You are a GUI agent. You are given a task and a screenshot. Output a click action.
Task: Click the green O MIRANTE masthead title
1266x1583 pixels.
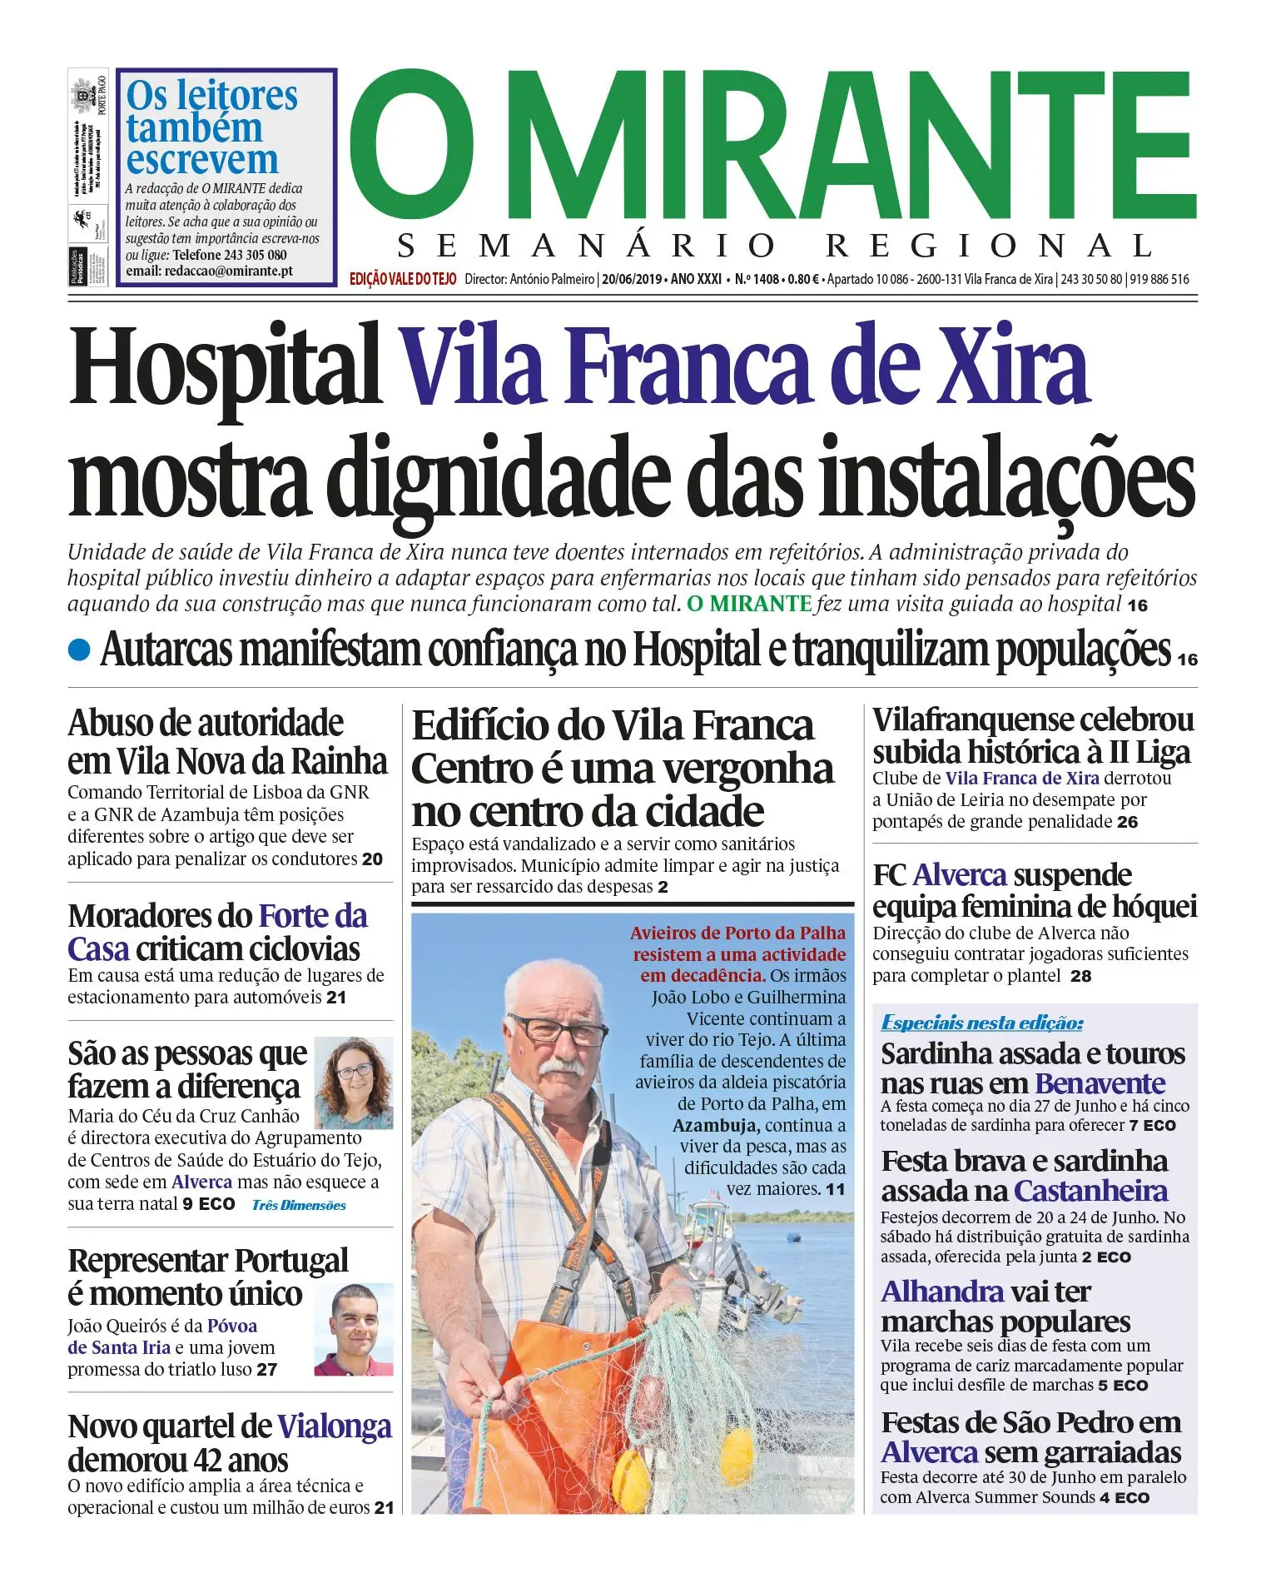(772, 146)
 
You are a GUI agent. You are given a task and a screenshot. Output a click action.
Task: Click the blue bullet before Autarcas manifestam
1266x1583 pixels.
(79, 650)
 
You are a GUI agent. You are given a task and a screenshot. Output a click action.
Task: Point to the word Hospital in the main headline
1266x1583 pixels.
(225, 366)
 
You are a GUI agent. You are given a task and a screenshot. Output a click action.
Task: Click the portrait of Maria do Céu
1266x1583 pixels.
(354, 1083)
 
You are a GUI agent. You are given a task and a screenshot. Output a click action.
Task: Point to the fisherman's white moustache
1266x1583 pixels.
(560, 1065)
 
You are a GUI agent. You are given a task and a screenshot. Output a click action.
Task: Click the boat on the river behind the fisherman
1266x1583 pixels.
(732, 1249)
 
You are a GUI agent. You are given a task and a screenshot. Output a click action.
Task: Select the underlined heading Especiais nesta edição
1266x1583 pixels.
(982, 1023)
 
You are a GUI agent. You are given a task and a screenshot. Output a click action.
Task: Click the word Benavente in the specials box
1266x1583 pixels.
(1100, 1083)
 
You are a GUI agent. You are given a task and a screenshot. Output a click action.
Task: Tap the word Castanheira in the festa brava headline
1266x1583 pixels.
(1090, 1191)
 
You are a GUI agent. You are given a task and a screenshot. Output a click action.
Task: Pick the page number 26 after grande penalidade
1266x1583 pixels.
(1128, 822)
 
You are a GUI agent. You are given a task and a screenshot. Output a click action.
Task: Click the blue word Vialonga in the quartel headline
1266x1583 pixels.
(334, 1426)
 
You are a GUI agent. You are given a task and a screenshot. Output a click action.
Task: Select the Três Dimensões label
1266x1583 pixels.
(299, 1205)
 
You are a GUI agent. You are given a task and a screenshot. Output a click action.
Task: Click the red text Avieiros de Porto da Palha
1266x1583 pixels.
(737, 933)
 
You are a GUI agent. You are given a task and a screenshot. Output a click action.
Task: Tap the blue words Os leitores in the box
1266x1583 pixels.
(211, 96)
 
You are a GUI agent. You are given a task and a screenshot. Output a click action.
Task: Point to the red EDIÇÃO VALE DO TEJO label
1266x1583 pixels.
(403, 280)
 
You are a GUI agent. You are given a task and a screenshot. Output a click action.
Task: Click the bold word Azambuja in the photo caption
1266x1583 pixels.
(715, 1126)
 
